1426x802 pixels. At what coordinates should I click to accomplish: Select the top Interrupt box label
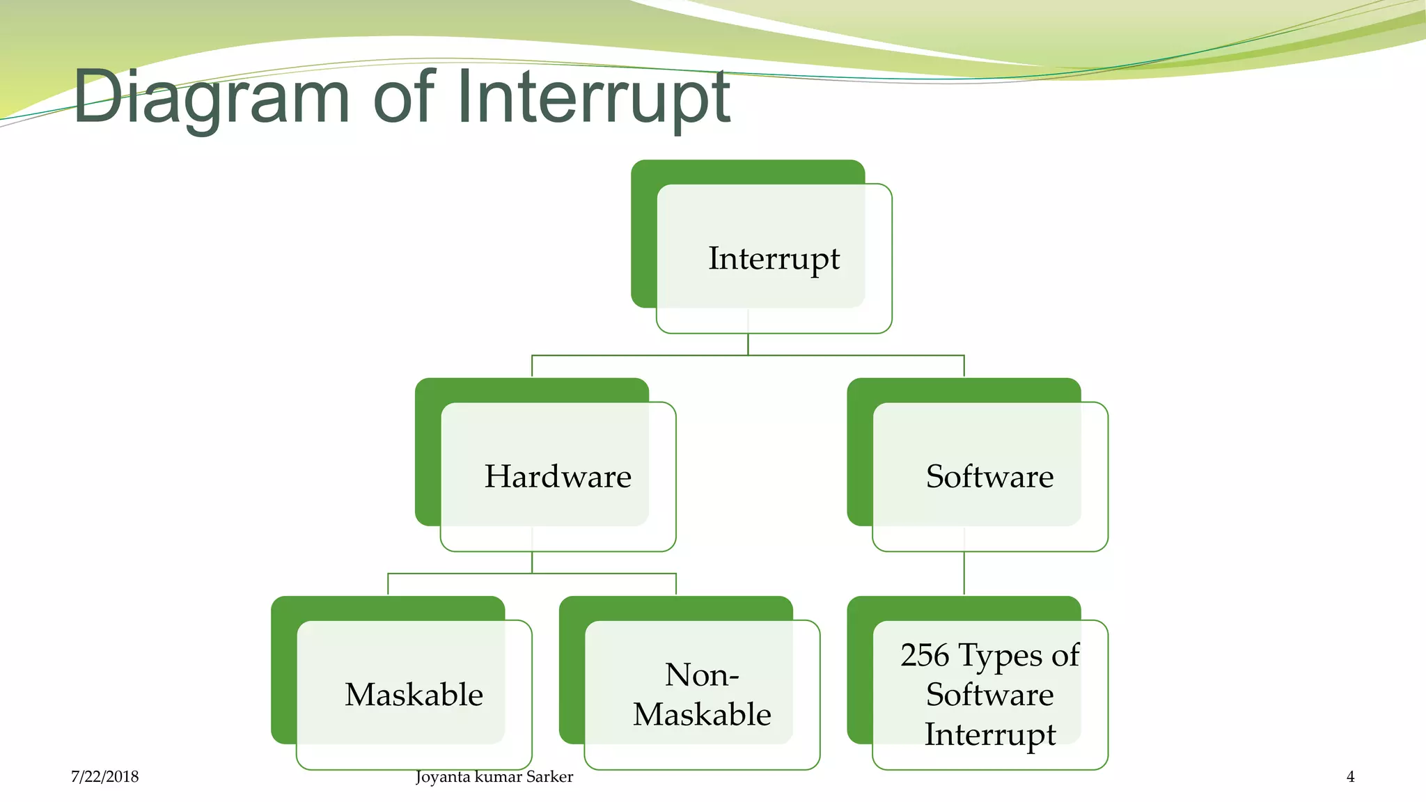coord(774,258)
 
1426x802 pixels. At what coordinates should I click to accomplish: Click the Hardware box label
coord(558,477)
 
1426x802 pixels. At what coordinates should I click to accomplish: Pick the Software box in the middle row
coord(989,477)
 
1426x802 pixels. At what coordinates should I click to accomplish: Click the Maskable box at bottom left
coord(414,695)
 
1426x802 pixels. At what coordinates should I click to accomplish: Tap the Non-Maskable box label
coord(702,695)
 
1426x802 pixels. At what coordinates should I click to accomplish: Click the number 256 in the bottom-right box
coord(925,655)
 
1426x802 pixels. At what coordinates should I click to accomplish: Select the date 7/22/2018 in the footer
coord(104,777)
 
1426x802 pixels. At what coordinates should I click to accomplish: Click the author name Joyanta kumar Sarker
coord(494,777)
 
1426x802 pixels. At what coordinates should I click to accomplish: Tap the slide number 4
coord(1350,777)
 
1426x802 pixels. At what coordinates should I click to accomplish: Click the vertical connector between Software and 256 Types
coord(964,573)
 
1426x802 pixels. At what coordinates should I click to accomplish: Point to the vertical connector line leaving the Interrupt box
coord(748,345)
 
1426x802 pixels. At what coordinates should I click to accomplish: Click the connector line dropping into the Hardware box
coord(532,366)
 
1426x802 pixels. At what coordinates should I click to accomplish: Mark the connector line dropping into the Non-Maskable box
coord(675,584)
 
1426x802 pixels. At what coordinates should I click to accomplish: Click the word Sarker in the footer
coord(549,777)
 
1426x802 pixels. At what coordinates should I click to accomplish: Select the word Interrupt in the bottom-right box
coord(989,734)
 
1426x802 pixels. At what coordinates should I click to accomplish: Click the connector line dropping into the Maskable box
coord(388,584)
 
